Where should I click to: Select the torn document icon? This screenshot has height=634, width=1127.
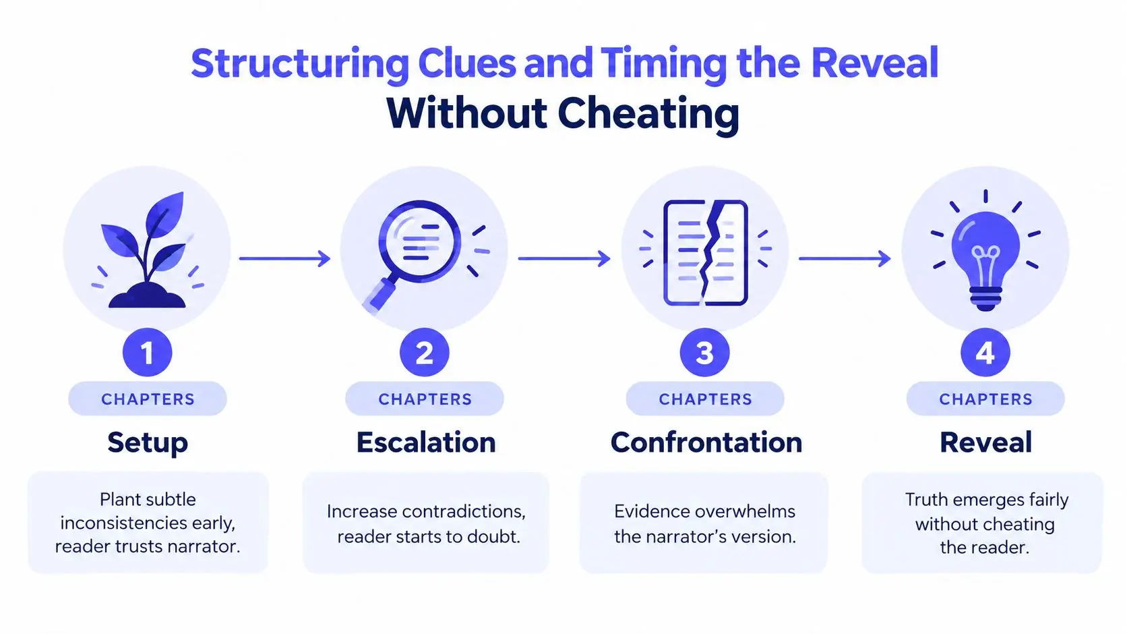[705, 253]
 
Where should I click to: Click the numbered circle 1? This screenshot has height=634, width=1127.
[148, 352]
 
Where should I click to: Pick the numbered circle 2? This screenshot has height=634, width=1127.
[425, 352]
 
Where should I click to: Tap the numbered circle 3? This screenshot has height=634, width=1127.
[704, 352]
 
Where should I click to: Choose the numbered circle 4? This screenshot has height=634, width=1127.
[985, 352]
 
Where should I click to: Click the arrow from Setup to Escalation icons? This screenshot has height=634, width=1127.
[284, 258]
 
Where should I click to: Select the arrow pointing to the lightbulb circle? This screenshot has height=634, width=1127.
[845, 258]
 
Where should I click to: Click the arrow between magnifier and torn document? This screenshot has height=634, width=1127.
[564, 258]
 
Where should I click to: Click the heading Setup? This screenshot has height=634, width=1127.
[148, 443]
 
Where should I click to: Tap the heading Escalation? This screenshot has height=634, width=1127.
[425, 442]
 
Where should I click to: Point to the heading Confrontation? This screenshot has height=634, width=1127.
[706, 442]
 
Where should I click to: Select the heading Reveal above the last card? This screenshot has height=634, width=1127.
[985, 442]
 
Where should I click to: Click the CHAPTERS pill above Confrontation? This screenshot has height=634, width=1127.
[705, 399]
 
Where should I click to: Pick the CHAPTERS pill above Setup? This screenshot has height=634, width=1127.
[148, 399]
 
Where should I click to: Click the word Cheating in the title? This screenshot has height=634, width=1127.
[648, 115]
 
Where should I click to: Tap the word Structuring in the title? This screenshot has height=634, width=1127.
[300, 65]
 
